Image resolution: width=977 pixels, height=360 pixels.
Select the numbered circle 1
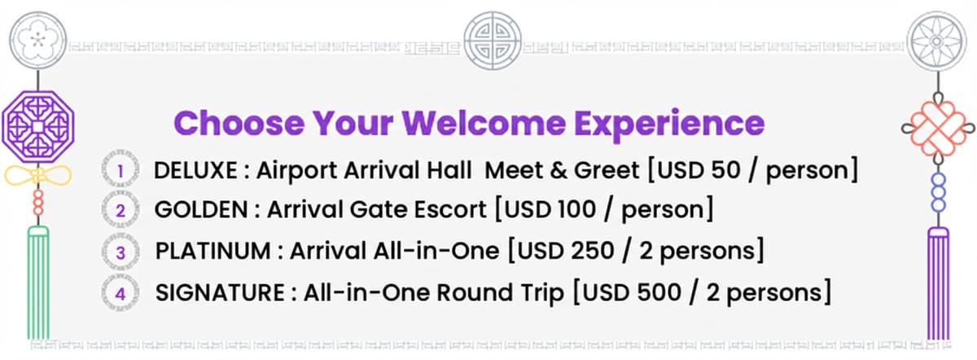click(x=120, y=171)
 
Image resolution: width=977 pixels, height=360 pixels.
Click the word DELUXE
click(x=195, y=171)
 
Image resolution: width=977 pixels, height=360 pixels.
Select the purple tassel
click(x=939, y=281)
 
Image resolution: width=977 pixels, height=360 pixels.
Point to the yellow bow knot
click(x=37, y=174)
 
